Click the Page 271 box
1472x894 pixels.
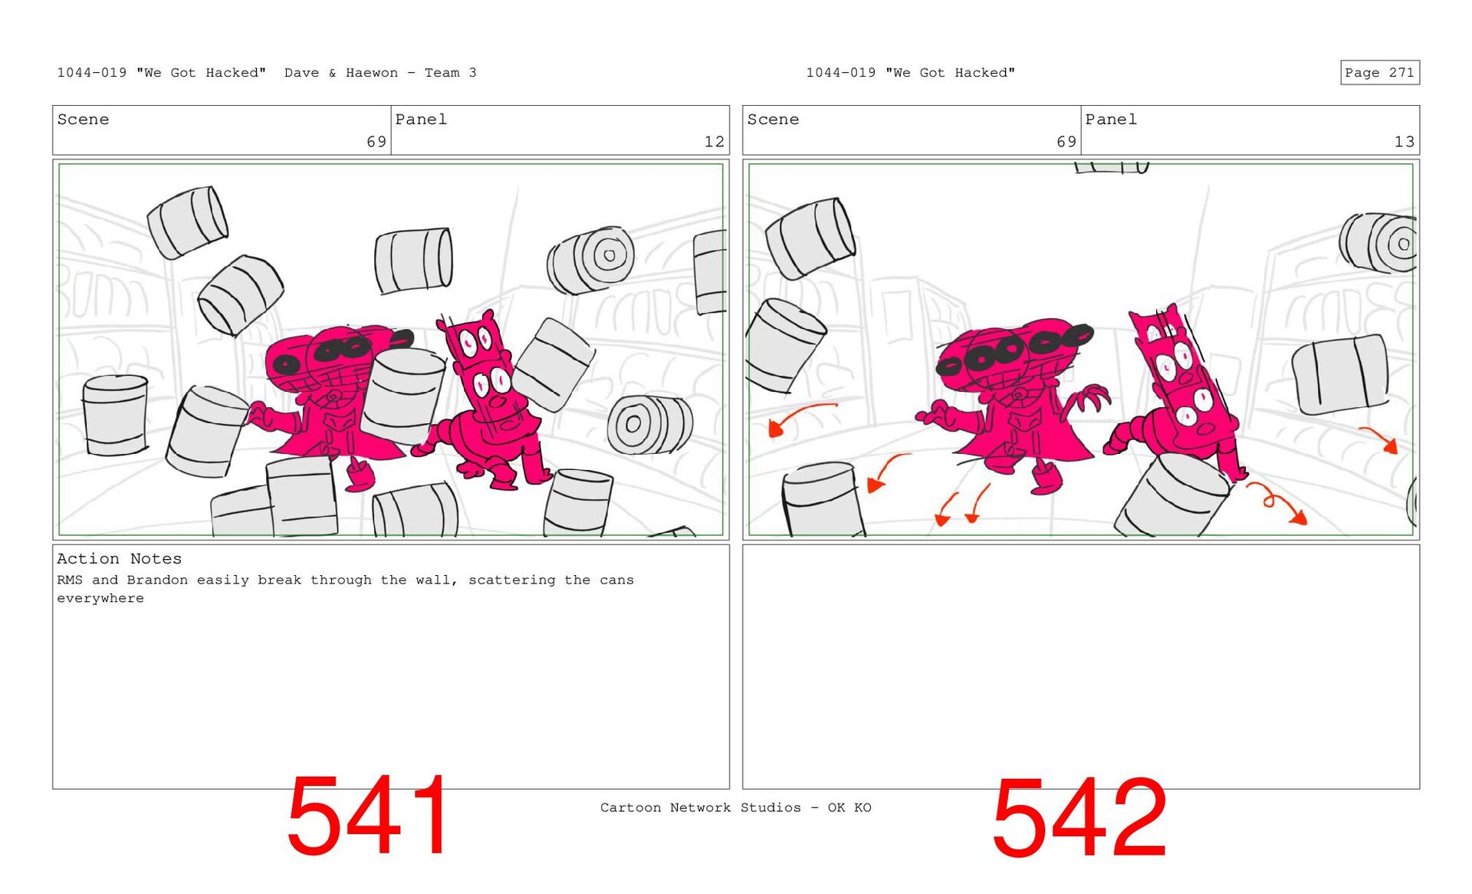click(x=1379, y=72)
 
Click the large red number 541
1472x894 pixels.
click(x=369, y=815)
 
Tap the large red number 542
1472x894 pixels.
click(x=1079, y=817)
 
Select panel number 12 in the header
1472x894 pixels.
click(x=714, y=142)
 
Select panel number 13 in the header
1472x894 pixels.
click(x=1404, y=142)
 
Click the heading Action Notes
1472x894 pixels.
click(x=119, y=559)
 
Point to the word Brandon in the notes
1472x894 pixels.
click(x=157, y=580)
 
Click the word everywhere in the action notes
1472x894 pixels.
click(x=100, y=599)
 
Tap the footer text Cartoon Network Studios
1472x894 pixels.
click(x=701, y=807)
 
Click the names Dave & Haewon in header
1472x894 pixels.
click(x=341, y=73)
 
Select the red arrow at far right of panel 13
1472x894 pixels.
click(x=1380, y=439)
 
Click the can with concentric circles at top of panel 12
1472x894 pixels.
click(x=590, y=261)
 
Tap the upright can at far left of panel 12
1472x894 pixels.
click(x=116, y=416)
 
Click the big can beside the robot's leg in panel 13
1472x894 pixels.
click(x=1173, y=495)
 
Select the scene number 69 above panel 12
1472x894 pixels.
click(x=376, y=142)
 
